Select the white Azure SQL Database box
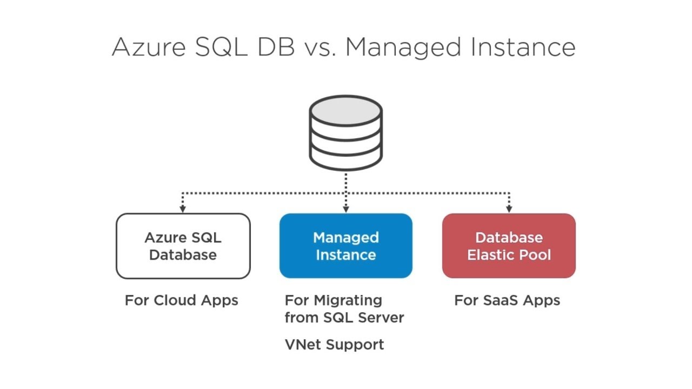183,246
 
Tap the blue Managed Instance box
346,246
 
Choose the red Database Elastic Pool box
509,246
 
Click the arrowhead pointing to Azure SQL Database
183,209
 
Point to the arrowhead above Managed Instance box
346,209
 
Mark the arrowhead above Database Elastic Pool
509,209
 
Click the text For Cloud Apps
182,300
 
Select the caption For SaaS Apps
507,300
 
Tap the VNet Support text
334,345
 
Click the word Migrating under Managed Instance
348,301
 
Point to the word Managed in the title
403,48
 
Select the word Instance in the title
523,47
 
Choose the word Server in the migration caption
381,317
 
